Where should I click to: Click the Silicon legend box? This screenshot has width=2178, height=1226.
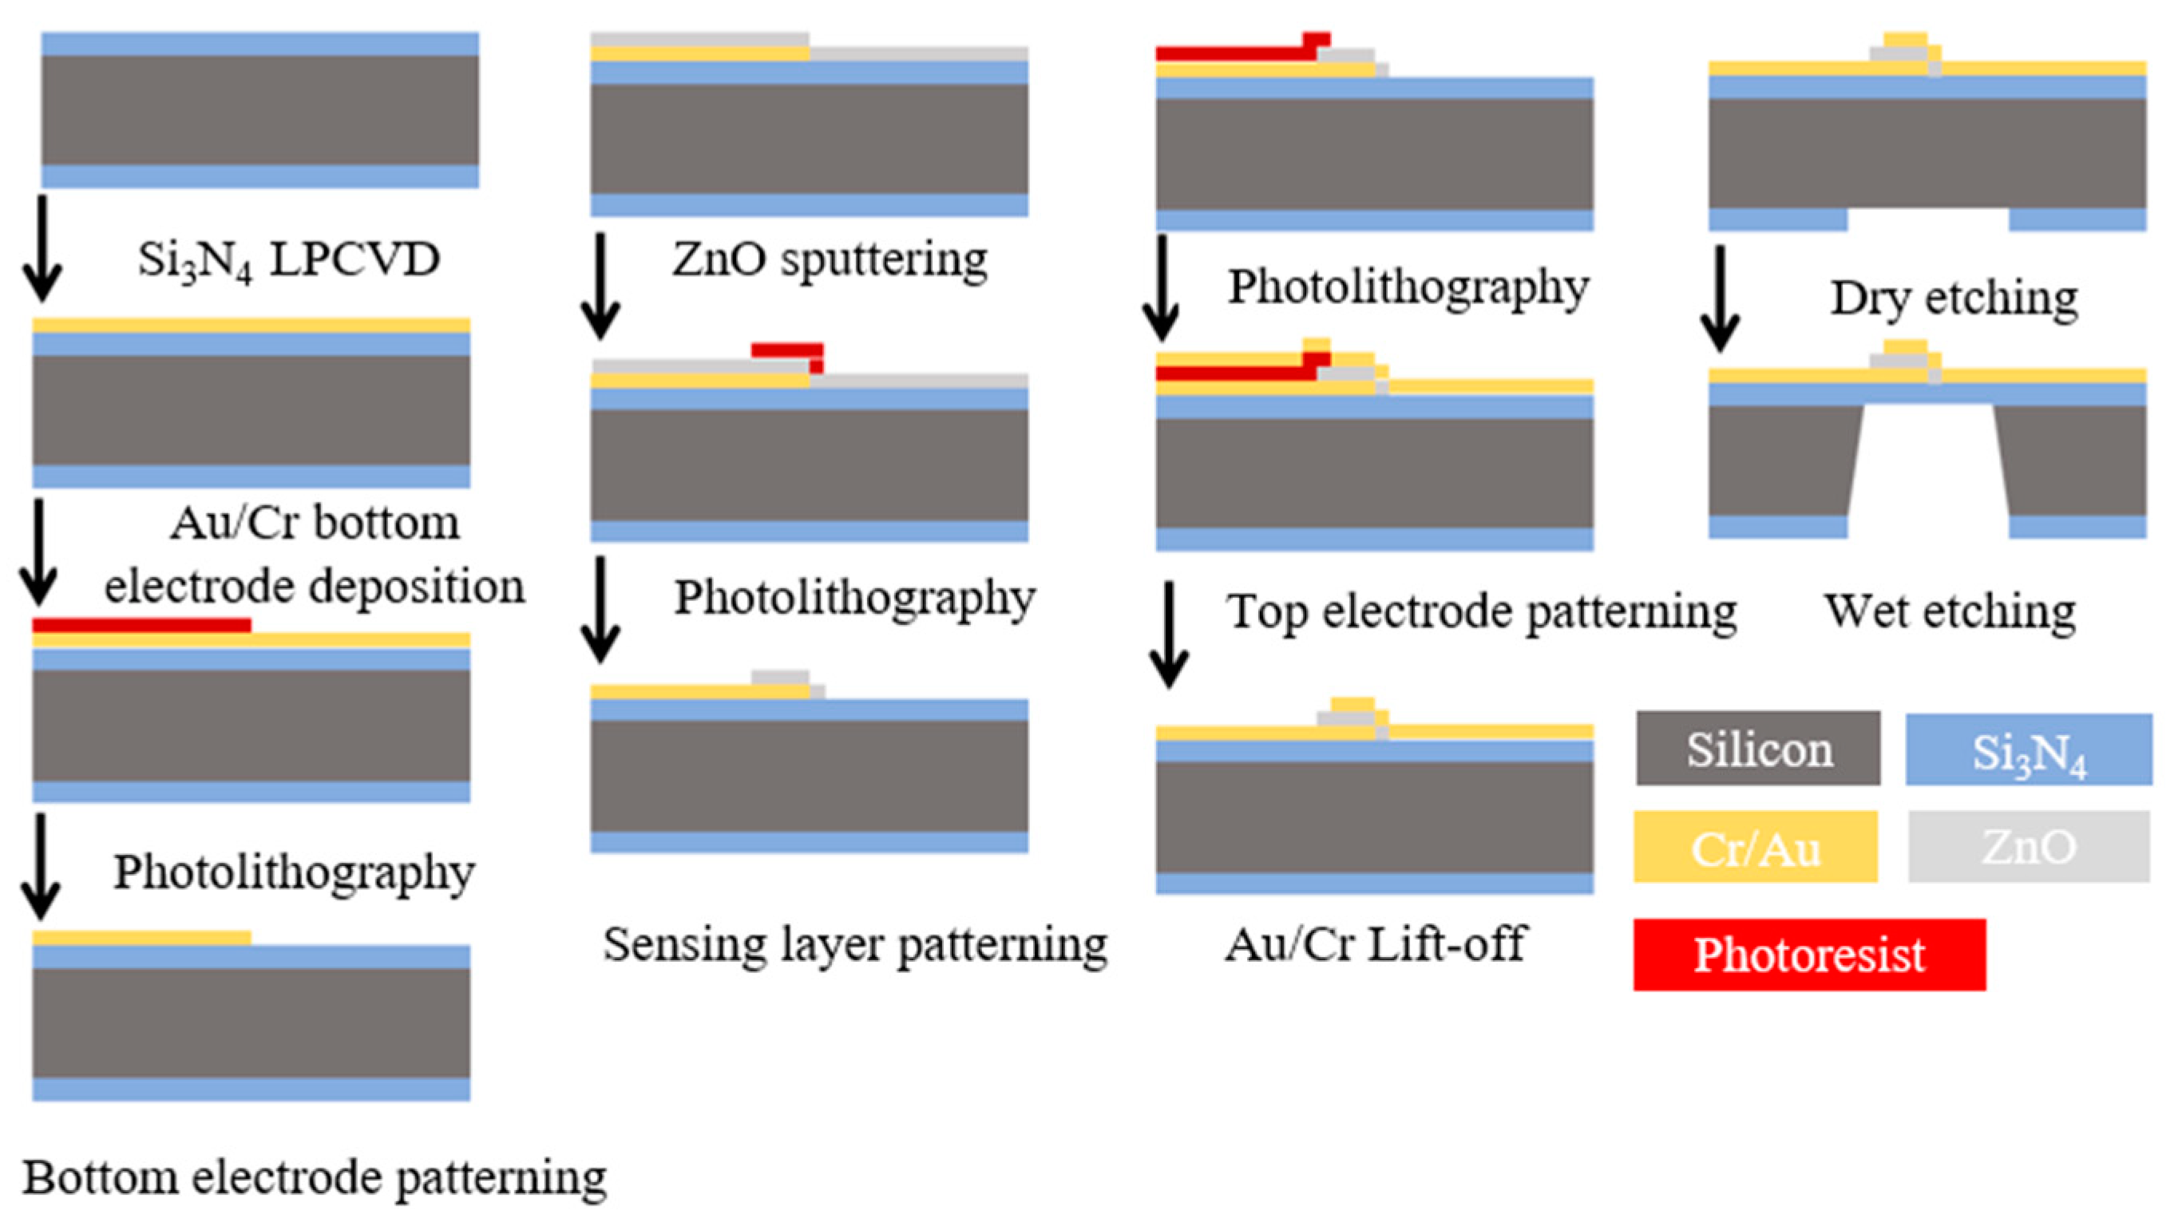click(x=1757, y=748)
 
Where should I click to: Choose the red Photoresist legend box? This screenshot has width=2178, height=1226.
click(x=1808, y=955)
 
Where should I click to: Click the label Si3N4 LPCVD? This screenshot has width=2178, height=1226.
click(x=288, y=259)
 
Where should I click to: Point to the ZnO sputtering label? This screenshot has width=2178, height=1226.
click(x=830, y=258)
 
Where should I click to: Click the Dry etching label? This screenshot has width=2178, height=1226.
click(x=1953, y=298)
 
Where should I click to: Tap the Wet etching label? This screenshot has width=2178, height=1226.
click(x=1949, y=611)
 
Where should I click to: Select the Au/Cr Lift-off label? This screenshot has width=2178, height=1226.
click(x=1376, y=943)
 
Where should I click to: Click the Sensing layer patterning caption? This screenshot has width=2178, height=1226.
click(x=855, y=943)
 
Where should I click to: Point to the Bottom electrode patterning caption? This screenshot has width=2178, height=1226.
click(x=315, y=1177)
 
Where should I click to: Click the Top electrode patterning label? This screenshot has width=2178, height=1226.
click(x=1481, y=611)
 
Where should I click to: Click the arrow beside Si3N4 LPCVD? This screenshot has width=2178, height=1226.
click(x=42, y=247)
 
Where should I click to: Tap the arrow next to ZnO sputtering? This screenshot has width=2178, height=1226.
click(x=600, y=286)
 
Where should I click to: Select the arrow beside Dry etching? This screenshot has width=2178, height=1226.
click(x=1720, y=298)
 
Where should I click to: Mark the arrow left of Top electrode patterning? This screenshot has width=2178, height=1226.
click(x=1170, y=634)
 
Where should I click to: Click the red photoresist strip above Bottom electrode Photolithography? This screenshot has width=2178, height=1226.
click(x=142, y=625)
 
